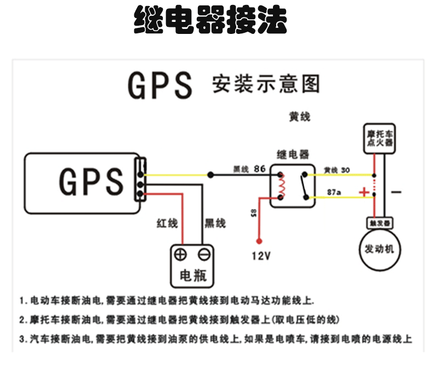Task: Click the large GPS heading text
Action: pyautogui.click(x=160, y=85)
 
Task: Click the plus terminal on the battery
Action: pyautogui.click(x=180, y=254)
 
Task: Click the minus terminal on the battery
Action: pyautogui.click(x=204, y=254)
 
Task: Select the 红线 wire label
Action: pyautogui.click(x=168, y=223)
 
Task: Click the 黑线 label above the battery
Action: pyautogui.click(x=215, y=223)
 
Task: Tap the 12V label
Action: pyautogui.click(x=261, y=255)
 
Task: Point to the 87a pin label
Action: pyautogui.click(x=333, y=193)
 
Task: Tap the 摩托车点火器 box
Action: pyautogui.click(x=379, y=138)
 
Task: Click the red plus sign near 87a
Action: pyautogui.click(x=364, y=192)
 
